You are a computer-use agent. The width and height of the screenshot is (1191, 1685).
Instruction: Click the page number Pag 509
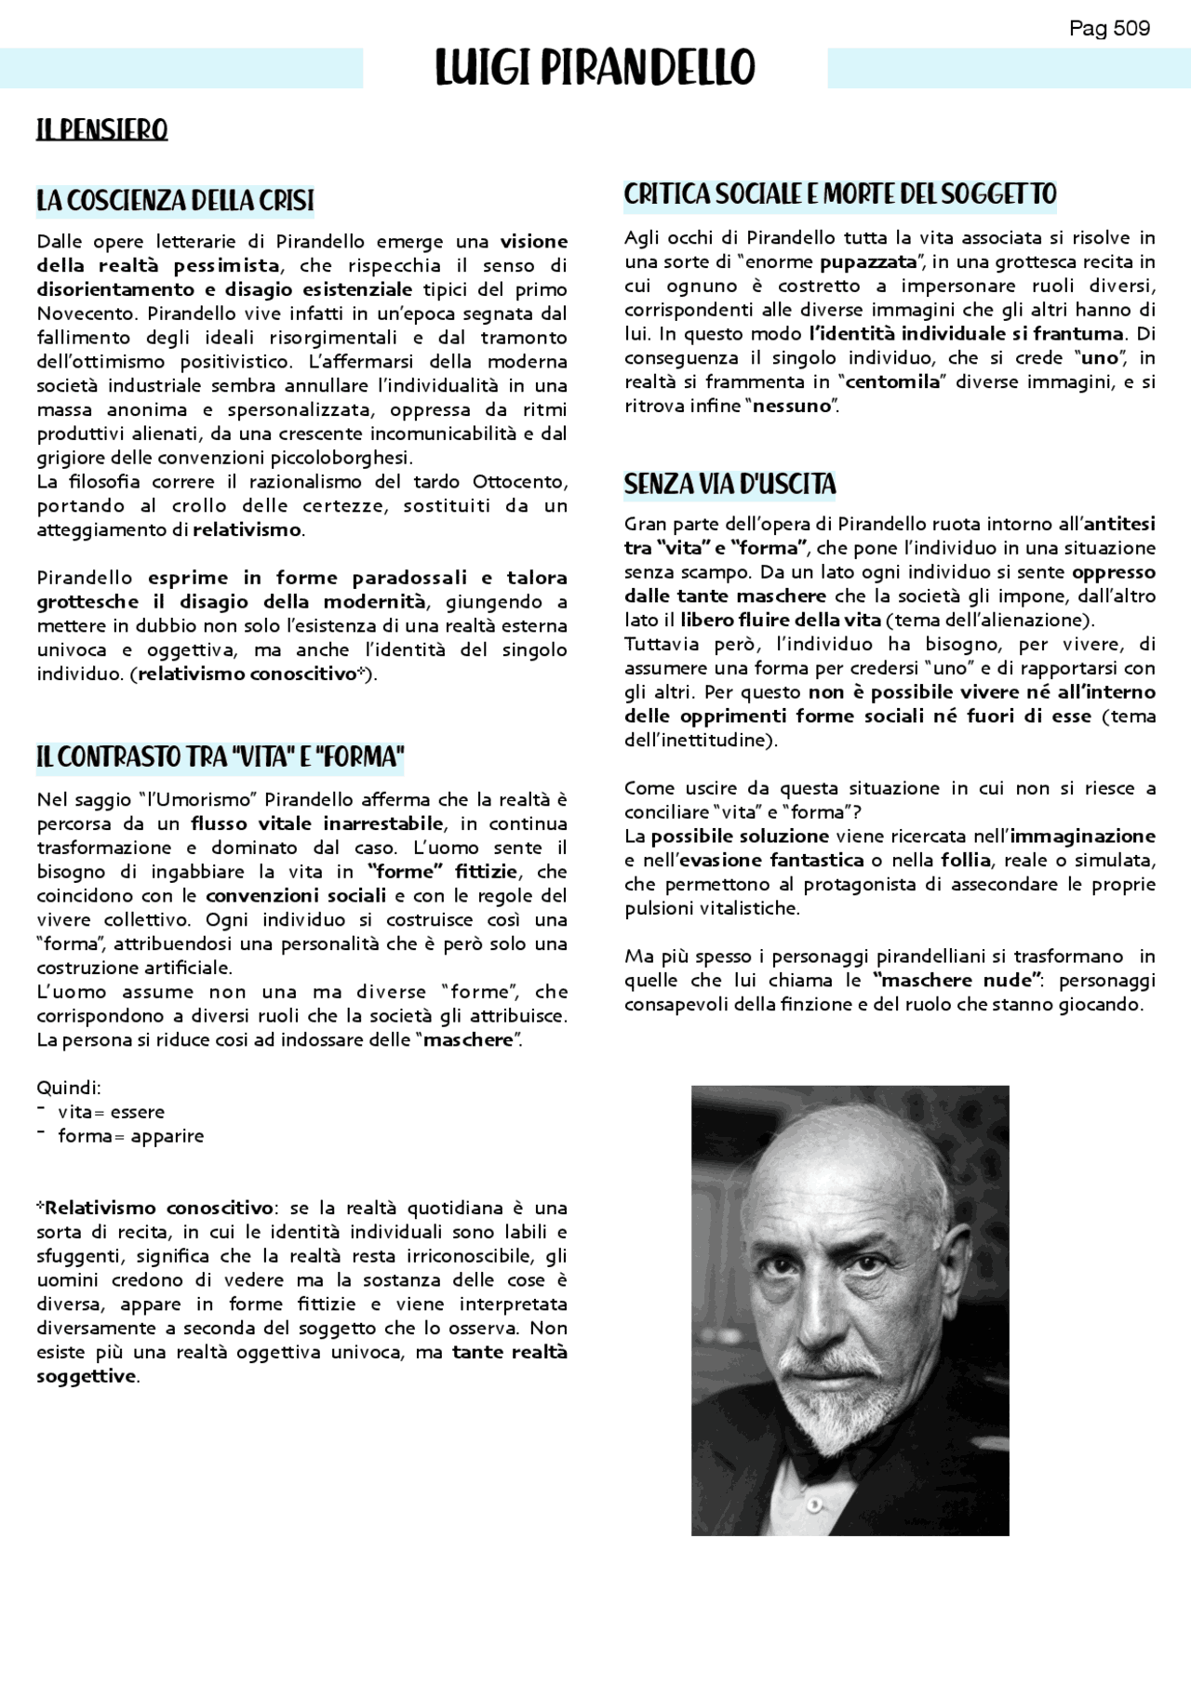pyautogui.click(x=1109, y=29)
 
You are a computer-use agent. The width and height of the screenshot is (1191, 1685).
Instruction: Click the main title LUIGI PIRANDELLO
pyautogui.click(x=595, y=68)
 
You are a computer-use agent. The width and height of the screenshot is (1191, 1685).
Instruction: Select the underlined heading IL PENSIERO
pyautogui.click(x=101, y=129)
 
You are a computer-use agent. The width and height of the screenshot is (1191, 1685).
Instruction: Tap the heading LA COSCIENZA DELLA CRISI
pyautogui.click(x=175, y=201)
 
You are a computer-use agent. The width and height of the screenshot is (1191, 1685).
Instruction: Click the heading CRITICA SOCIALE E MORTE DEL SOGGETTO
pyautogui.click(x=839, y=194)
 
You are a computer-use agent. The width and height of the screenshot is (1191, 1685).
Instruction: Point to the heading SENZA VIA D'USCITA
pyautogui.click(x=729, y=484)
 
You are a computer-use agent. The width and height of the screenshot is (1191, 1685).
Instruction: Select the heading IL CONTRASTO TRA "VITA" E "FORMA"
pyautogui.click(x=220, y=756)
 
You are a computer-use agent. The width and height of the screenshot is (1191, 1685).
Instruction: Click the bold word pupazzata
pyautogui.click(x=867, y=262)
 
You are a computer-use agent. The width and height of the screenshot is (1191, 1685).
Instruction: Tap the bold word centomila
pyautogui.click(x=892, y=381)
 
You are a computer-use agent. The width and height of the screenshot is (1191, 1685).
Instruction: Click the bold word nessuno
pyautogui.click(x=791, y=406)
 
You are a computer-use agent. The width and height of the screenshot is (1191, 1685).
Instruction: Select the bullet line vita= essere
pyautogui.click(x=111, y=1112)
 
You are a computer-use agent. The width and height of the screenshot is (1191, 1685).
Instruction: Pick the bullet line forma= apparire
pyautogui.click(x=130, y=1136)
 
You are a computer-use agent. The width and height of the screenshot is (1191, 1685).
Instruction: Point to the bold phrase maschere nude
pyautogui.click(x=956, y=980)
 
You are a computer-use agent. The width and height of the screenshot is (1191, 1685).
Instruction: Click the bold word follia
pyautogui.click(x=965, y=860)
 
